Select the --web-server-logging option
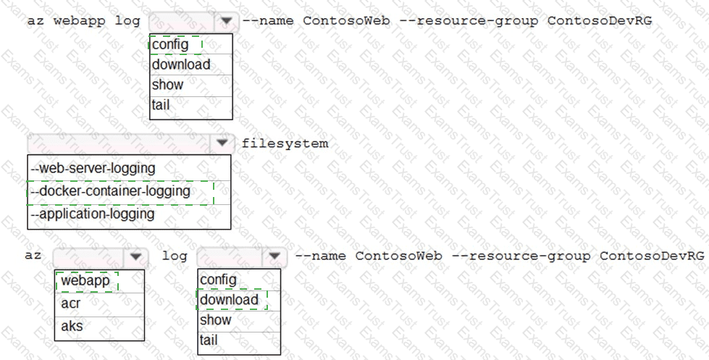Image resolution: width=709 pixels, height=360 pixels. click(x=93, y=168)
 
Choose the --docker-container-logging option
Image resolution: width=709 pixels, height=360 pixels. click(x=110, y=191)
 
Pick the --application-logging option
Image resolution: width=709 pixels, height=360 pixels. click(x=93, y=214)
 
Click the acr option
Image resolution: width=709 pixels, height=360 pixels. click(x=70, y=304)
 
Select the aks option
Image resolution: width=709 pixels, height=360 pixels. click(x=72, y=326)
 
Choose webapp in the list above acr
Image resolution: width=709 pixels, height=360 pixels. click(x=85, y=281)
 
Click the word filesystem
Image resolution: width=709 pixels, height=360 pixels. click(x=285, y=144)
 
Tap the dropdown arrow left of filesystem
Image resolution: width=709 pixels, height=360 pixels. click(x=222, y=143)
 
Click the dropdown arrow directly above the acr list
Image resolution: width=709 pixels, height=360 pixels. click(x=135, y=256)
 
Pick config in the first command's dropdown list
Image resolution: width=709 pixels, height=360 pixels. click(x=170, y=45)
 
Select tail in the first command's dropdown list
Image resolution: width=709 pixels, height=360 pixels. click(x=161, y=105)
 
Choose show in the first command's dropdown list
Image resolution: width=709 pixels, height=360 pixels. click(x=168, y=85)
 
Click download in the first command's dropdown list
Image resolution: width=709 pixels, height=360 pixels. click(x=181, y=64)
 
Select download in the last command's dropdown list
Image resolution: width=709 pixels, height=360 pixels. click(x=230, y=300)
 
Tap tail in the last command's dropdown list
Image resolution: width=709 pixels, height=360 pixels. click(x=209, y=340)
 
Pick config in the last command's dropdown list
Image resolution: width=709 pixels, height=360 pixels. click(x=218, y=280)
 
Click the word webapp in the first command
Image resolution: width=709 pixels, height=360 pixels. click(x=79, y=21)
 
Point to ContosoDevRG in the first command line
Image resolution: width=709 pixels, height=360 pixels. click(x=600, y=21)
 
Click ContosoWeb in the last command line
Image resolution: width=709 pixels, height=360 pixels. click(x=398, y=256)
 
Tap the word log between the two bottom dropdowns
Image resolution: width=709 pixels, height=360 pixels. click(x=175, y=256)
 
